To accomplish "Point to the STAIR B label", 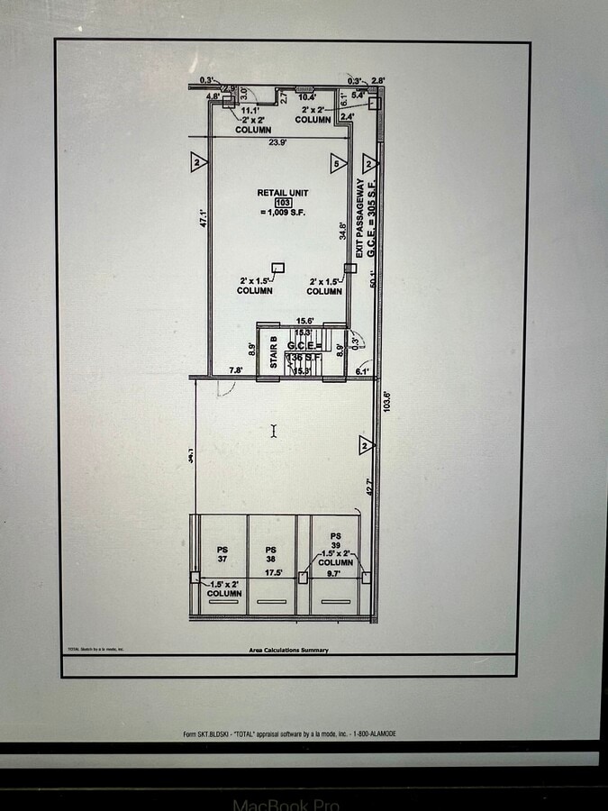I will pos(273,352).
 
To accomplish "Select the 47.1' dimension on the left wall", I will pos(204,218).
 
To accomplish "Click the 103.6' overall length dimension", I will pos(388,400).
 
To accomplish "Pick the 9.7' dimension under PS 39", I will pos(333,573).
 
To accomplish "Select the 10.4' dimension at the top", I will pos(307,96).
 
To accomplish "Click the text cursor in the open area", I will pos(275,431).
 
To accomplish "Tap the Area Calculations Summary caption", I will pos(288,650).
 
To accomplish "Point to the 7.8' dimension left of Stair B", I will pos(237,370).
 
